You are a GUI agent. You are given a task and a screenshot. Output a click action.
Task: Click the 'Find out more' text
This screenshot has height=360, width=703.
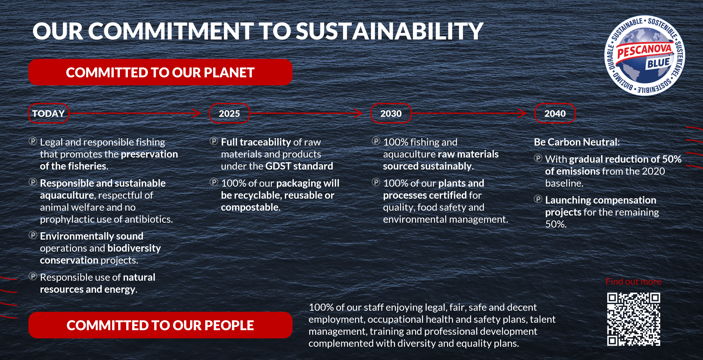633,281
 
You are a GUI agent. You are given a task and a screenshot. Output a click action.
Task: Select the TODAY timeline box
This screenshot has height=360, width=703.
49,113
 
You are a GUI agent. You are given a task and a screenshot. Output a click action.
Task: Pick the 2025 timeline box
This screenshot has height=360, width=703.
230,113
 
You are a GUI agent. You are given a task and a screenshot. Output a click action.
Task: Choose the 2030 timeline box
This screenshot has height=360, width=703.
391,113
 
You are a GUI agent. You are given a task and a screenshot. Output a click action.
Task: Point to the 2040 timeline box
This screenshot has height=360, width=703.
555,113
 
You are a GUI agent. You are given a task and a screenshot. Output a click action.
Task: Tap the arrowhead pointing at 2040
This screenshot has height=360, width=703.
523,113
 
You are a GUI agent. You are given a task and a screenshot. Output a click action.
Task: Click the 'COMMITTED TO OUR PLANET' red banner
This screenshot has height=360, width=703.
161,72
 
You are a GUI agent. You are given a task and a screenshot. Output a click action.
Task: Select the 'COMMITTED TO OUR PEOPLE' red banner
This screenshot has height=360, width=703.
161,325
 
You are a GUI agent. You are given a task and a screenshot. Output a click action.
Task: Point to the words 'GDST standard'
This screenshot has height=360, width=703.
299,166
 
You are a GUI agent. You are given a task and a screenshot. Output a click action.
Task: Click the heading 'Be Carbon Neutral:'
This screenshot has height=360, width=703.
577,142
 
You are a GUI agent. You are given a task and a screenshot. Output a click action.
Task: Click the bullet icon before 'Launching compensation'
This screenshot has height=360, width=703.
538,199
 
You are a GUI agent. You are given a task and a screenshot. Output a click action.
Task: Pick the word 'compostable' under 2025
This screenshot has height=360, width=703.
250,207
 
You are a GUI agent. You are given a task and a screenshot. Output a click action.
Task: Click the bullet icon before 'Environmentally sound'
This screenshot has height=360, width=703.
33,235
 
